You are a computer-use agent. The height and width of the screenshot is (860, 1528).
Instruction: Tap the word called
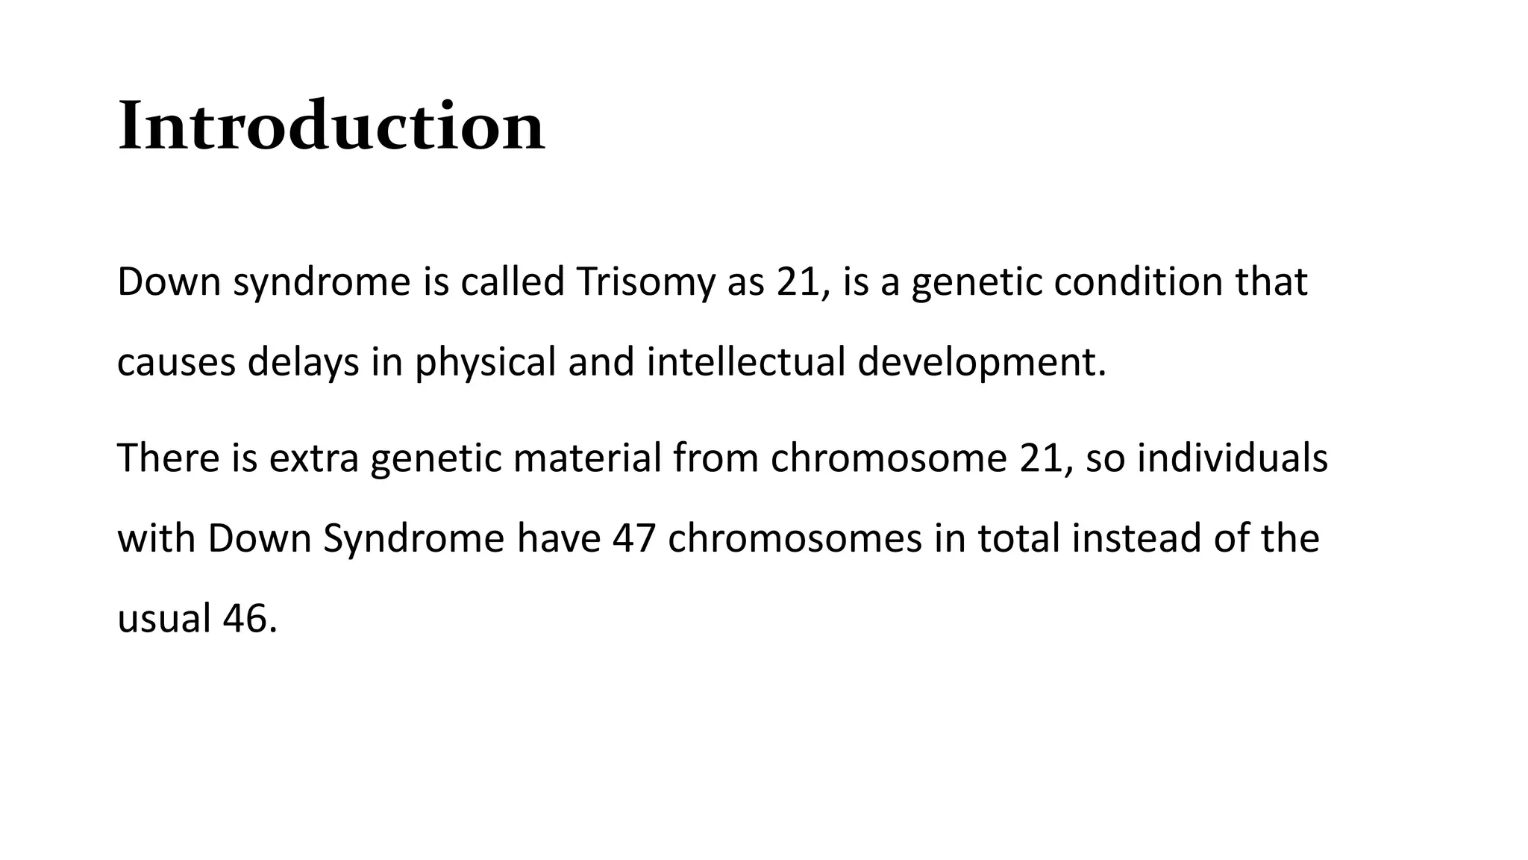pyautogui.click(x=512, y=282)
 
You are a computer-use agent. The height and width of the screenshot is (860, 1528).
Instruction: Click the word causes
pyautogui.click(x=176, y=362)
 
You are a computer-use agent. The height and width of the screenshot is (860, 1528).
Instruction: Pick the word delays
pyautogui.click(x=303, y=362)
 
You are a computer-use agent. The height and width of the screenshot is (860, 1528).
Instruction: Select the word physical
pyautogui.click(x=485, y=362)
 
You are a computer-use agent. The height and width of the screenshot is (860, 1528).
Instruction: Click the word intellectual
pyautogui.click(x=745, y=362)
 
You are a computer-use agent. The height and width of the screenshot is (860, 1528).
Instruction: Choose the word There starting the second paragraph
pyautogui.click(x=168, y=458)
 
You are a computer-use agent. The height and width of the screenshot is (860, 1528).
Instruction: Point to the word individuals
pyautogui.click(x=1232, y=458)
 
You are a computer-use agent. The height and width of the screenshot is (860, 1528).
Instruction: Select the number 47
pyautogui.click(x=634, y=538)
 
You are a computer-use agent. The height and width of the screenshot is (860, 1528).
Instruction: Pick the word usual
pyautogui.click(x=164, y=619)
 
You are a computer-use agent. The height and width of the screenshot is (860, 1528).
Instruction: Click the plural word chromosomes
pyautogui.click(x=795, y=538)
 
